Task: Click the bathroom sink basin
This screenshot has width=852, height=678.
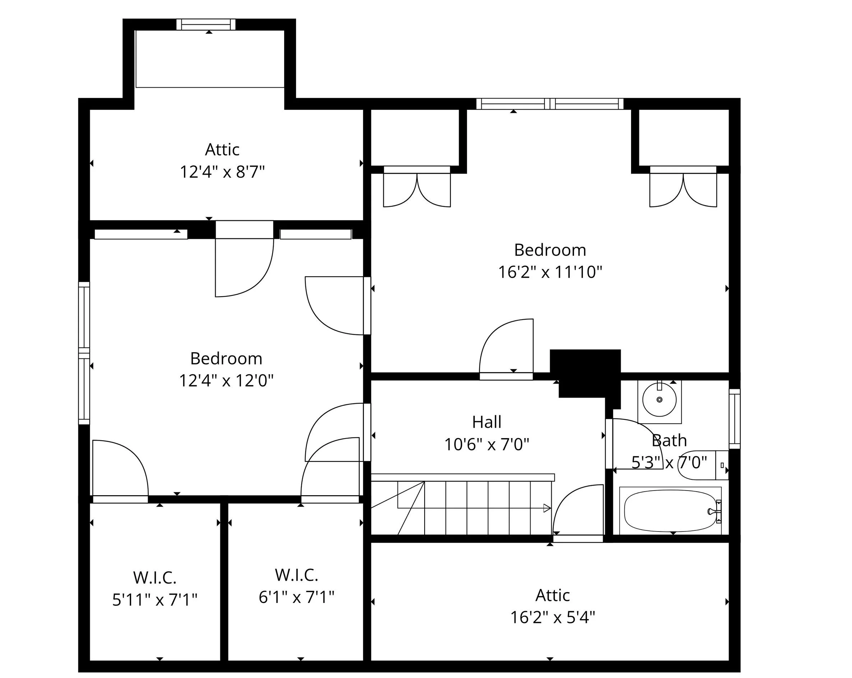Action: tap(659, 399)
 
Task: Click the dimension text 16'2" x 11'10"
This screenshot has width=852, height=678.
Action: tap(550, 272)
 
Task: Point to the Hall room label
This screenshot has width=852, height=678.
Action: tap(486, 422)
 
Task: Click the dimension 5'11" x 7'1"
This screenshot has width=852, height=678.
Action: tap(154, 600)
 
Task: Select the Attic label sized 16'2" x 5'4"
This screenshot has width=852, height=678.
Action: tap(552, 595)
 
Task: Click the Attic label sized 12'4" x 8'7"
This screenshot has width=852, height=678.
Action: tap(222, 149)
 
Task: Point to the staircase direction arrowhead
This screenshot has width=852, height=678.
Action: tap(547, 508)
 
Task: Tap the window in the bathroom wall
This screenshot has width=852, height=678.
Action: tap(734, 418)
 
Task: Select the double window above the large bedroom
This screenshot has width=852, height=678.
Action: tap(550, 104)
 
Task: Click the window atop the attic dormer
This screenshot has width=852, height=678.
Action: tap(205, 24)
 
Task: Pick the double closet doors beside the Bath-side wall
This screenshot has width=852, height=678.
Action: tap(683, 189)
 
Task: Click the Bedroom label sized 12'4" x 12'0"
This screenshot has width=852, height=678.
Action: tap(226, 358)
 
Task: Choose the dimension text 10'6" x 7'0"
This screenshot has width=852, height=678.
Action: tap(486, 445)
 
